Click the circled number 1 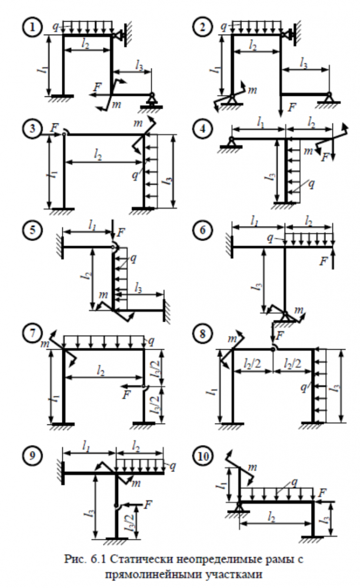(x=33, y=28)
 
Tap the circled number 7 (x=33, y=333)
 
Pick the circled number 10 (x=203, y=456)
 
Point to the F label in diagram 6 (x=324, y=261)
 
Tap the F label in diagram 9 (x=148, y=505)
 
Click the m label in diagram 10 (x=252, y=467)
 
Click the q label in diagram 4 (x=311, y=184)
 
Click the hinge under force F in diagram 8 (x=274, y=349)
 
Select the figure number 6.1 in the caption (x=99, y=559)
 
